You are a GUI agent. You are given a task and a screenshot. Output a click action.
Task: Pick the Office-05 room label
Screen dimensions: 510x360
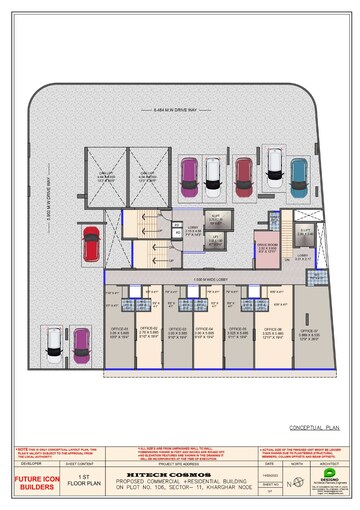238,330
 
